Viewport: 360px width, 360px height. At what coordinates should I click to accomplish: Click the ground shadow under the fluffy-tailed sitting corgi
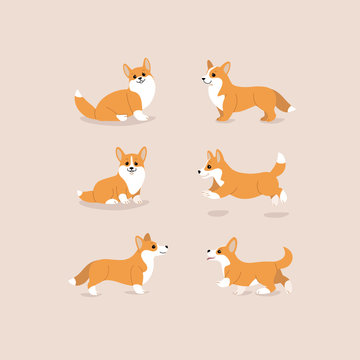coord(115,121)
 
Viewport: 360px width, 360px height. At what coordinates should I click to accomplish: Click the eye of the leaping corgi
coord(213,164)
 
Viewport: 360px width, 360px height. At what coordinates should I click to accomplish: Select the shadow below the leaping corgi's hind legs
coord(276,214)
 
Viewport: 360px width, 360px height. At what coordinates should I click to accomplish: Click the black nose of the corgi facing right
coord(165,246)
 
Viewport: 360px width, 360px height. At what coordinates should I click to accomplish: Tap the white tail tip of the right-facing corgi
coord(72,282)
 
